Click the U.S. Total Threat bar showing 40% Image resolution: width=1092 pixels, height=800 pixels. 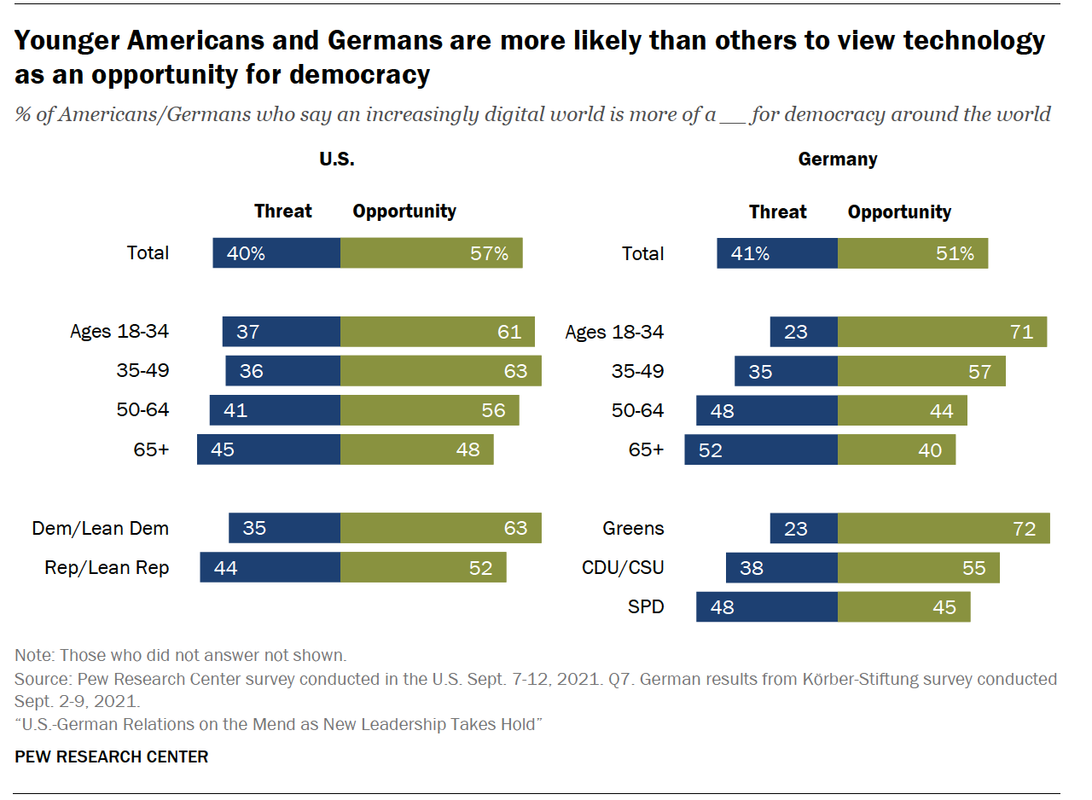point(276,253)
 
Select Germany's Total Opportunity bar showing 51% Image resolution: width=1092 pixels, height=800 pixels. point(912,253)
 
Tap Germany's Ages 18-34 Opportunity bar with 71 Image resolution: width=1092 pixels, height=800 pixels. point(942,332)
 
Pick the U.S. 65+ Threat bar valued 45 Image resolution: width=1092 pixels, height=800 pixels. point(268,449)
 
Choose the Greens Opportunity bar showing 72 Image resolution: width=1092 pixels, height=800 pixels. point(944,528)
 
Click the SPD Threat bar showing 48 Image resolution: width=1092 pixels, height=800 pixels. point(766,607)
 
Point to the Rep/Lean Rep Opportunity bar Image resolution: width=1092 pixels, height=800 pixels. point(423,567)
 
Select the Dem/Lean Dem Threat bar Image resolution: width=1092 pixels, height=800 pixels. point(284,528)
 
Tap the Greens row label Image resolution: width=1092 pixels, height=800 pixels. point(633,529)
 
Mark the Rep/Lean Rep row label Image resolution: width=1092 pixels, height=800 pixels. point(107,568)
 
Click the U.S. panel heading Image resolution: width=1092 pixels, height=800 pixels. point(337,159)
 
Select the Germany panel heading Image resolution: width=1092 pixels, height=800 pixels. point(837,159)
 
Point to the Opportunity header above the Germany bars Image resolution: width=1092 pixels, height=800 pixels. point(899,212)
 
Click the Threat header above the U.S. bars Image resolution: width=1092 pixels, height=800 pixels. point(283,212)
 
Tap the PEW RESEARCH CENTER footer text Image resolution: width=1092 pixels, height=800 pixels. point(111,757)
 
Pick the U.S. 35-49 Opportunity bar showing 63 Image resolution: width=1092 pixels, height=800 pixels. point(440,371)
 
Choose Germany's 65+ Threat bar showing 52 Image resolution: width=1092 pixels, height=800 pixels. point(761,449)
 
